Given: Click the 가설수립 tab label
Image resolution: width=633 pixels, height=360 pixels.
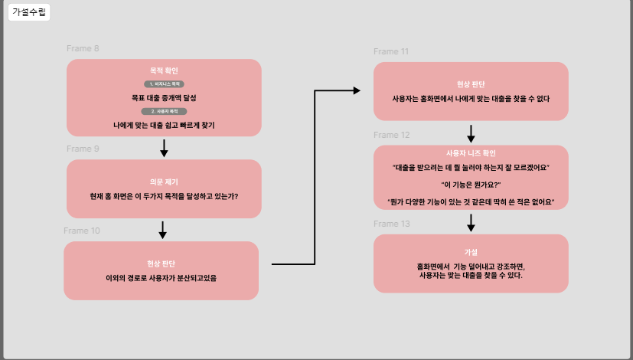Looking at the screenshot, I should pyautogui.click(x=28, y=12).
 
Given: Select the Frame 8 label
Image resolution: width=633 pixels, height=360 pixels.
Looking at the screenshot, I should pyautogui.click(x=83, y=49).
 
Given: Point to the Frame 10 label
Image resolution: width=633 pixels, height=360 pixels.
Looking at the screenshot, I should pyautogui.click(x=81, y=231).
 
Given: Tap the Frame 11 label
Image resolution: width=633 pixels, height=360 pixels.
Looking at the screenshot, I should pyautogui.click(x=391, y=51).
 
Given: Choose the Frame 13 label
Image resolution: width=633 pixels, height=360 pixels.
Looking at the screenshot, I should pyautogui.click(x=391, y=224).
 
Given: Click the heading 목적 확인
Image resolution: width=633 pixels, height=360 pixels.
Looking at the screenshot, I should pyautogui.click(x=164, y=70).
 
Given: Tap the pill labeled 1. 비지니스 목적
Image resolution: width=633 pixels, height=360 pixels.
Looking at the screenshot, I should pyautogui.click(x=164, y=83).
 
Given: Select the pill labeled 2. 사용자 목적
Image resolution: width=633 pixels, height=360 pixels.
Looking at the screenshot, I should pyautogui.click(x=164, y=111).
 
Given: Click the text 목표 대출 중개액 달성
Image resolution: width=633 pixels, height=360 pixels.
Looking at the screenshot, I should pyautogui.click(x=164, y=97).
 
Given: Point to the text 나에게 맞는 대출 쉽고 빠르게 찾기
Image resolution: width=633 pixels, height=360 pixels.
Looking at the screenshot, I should pyautogui.click(x=164, y=124).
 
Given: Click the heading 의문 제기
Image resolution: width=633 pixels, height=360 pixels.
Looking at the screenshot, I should pyautogui.click(x=164, y=182).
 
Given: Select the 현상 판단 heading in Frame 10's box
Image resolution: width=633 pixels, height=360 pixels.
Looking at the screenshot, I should pyautogui.click(x=161, y=263).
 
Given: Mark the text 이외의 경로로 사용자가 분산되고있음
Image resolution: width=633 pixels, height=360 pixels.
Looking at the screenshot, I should pyautogui.click(x=161, y=278).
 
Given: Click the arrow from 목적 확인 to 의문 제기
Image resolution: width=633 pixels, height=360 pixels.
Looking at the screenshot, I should pyautogui.click(x=164, y=148).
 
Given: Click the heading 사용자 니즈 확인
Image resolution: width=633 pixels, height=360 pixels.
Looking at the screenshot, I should pyautogui.click(x=471, y=153).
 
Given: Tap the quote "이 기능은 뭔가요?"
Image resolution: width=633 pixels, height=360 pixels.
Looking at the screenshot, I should pyautogui.click(x=471, y=185).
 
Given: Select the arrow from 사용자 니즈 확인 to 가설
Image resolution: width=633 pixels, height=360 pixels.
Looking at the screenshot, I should pyautogui.click(x=471, y=222).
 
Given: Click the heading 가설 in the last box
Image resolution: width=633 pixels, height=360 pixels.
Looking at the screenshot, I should pyautogui.click(x=471, y=252).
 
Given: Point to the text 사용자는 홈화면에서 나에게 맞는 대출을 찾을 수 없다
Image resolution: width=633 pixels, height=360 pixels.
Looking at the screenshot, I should pyautogui.click(x=471, y=99).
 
